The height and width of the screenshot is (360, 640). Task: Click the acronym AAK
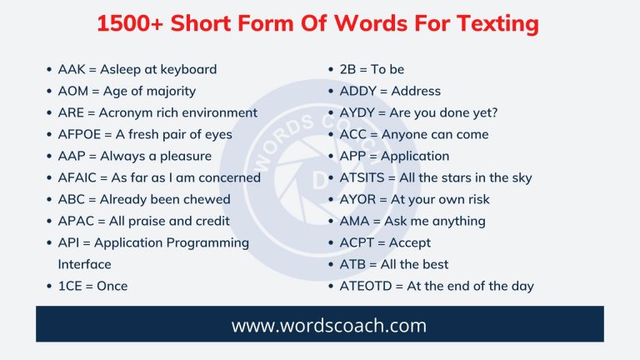click(71, 69)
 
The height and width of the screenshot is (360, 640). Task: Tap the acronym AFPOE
click(78, 134)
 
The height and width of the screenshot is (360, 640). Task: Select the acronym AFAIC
click(78, 177)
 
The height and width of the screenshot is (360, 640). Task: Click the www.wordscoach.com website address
click(319, 325)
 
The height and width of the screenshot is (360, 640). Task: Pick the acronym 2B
click(348, 69)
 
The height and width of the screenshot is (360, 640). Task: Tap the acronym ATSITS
click(361, 177)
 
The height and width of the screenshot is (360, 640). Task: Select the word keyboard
click(188, 69)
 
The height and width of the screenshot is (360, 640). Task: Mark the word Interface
click(84, 264)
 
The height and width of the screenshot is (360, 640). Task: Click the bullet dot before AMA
click(332, 222)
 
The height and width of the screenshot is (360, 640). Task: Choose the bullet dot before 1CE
click(49, 287)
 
